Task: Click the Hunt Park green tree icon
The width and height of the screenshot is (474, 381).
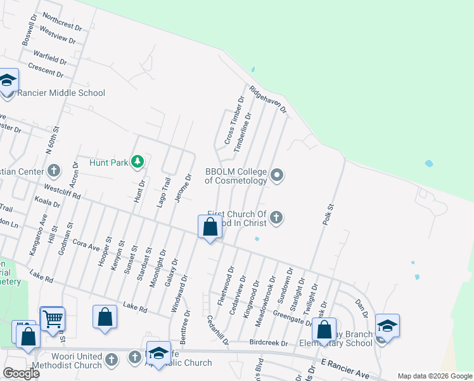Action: point(138,162)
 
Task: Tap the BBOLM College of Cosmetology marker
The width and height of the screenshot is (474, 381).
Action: point(276,175)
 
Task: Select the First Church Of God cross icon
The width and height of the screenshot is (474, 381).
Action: point(276,218)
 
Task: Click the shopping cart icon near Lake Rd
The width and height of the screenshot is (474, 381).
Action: point(52,317)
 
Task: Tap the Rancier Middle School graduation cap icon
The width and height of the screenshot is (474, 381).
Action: point(8,81)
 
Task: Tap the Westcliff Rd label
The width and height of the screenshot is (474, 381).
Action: point(62,192)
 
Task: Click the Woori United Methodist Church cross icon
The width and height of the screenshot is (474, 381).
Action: point(111,359)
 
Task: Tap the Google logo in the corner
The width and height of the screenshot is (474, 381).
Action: point(21,373)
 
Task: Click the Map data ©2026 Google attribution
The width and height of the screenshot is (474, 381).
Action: point(434,376)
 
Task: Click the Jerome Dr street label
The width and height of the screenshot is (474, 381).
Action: point(183,189)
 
